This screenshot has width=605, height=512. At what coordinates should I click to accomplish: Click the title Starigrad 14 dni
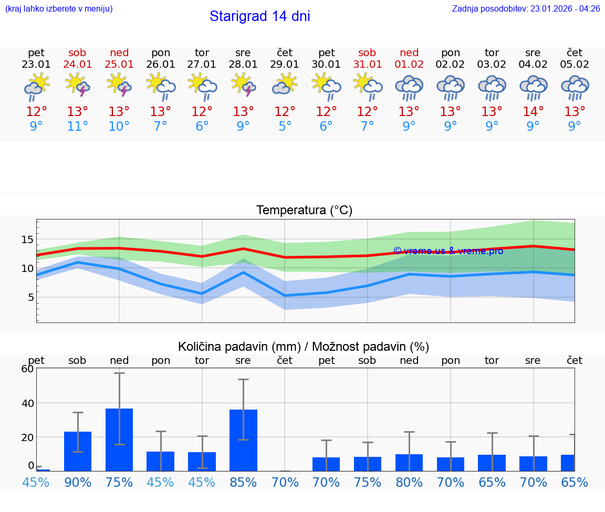tap(259, 16)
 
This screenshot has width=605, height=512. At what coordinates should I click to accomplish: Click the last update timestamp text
tap(526, 9)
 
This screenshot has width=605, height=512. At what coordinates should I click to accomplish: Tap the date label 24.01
tap(77, 65)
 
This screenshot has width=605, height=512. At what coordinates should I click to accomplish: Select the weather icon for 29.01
tap(285, 85)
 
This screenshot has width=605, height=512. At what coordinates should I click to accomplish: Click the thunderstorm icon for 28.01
tap(243, 85)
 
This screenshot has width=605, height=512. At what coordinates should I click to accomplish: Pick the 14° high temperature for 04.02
tap(533, 111)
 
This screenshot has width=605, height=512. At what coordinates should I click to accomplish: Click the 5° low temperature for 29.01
tap(285, 127)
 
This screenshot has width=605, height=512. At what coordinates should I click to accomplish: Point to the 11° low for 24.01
tap(77, 127)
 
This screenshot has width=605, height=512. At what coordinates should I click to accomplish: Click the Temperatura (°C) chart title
tap(304, 210)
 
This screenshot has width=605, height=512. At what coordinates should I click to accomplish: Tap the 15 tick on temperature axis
tap(27, 239)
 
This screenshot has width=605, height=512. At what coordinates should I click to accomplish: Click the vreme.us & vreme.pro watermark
tap(448, 251)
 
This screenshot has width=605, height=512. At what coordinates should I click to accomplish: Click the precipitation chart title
tap(303, 347)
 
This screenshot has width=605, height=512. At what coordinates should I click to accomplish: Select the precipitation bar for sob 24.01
tap(78, 451)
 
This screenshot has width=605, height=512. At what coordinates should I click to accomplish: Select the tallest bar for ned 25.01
tap(119, 440)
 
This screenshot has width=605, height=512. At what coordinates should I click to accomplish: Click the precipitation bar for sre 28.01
tap(243, 440)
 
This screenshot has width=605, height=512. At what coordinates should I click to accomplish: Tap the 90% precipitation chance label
tap(77, 482)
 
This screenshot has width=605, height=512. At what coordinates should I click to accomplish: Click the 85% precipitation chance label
tap(243, 482)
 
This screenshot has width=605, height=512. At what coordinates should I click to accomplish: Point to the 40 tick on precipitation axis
tap(27, 403)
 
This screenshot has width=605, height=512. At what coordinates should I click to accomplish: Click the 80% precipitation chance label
tap(409, 482)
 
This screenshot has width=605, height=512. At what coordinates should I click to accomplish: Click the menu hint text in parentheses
tap(59, 9)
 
